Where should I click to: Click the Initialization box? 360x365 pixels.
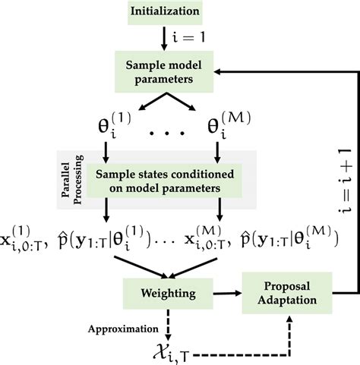[166, 12]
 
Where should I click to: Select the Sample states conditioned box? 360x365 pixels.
[163, 181]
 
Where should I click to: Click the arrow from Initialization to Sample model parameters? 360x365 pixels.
[165, 38]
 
